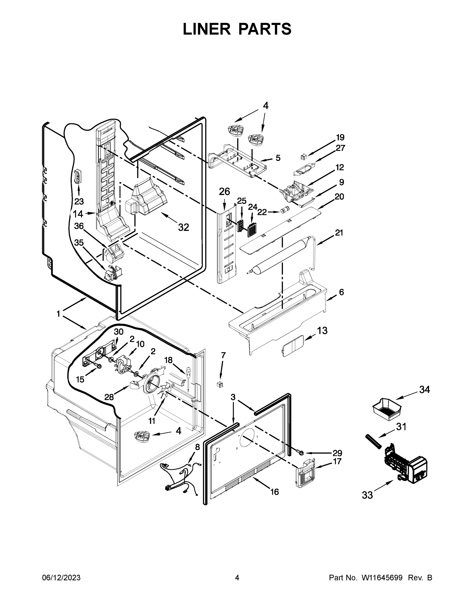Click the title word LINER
point(207,29)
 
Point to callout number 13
point(322,331)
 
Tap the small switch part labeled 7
point(220,384)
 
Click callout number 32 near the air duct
point(183,227)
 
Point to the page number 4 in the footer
point(237,578)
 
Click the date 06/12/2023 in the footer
point(61,578)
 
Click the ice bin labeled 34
point(386,410)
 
